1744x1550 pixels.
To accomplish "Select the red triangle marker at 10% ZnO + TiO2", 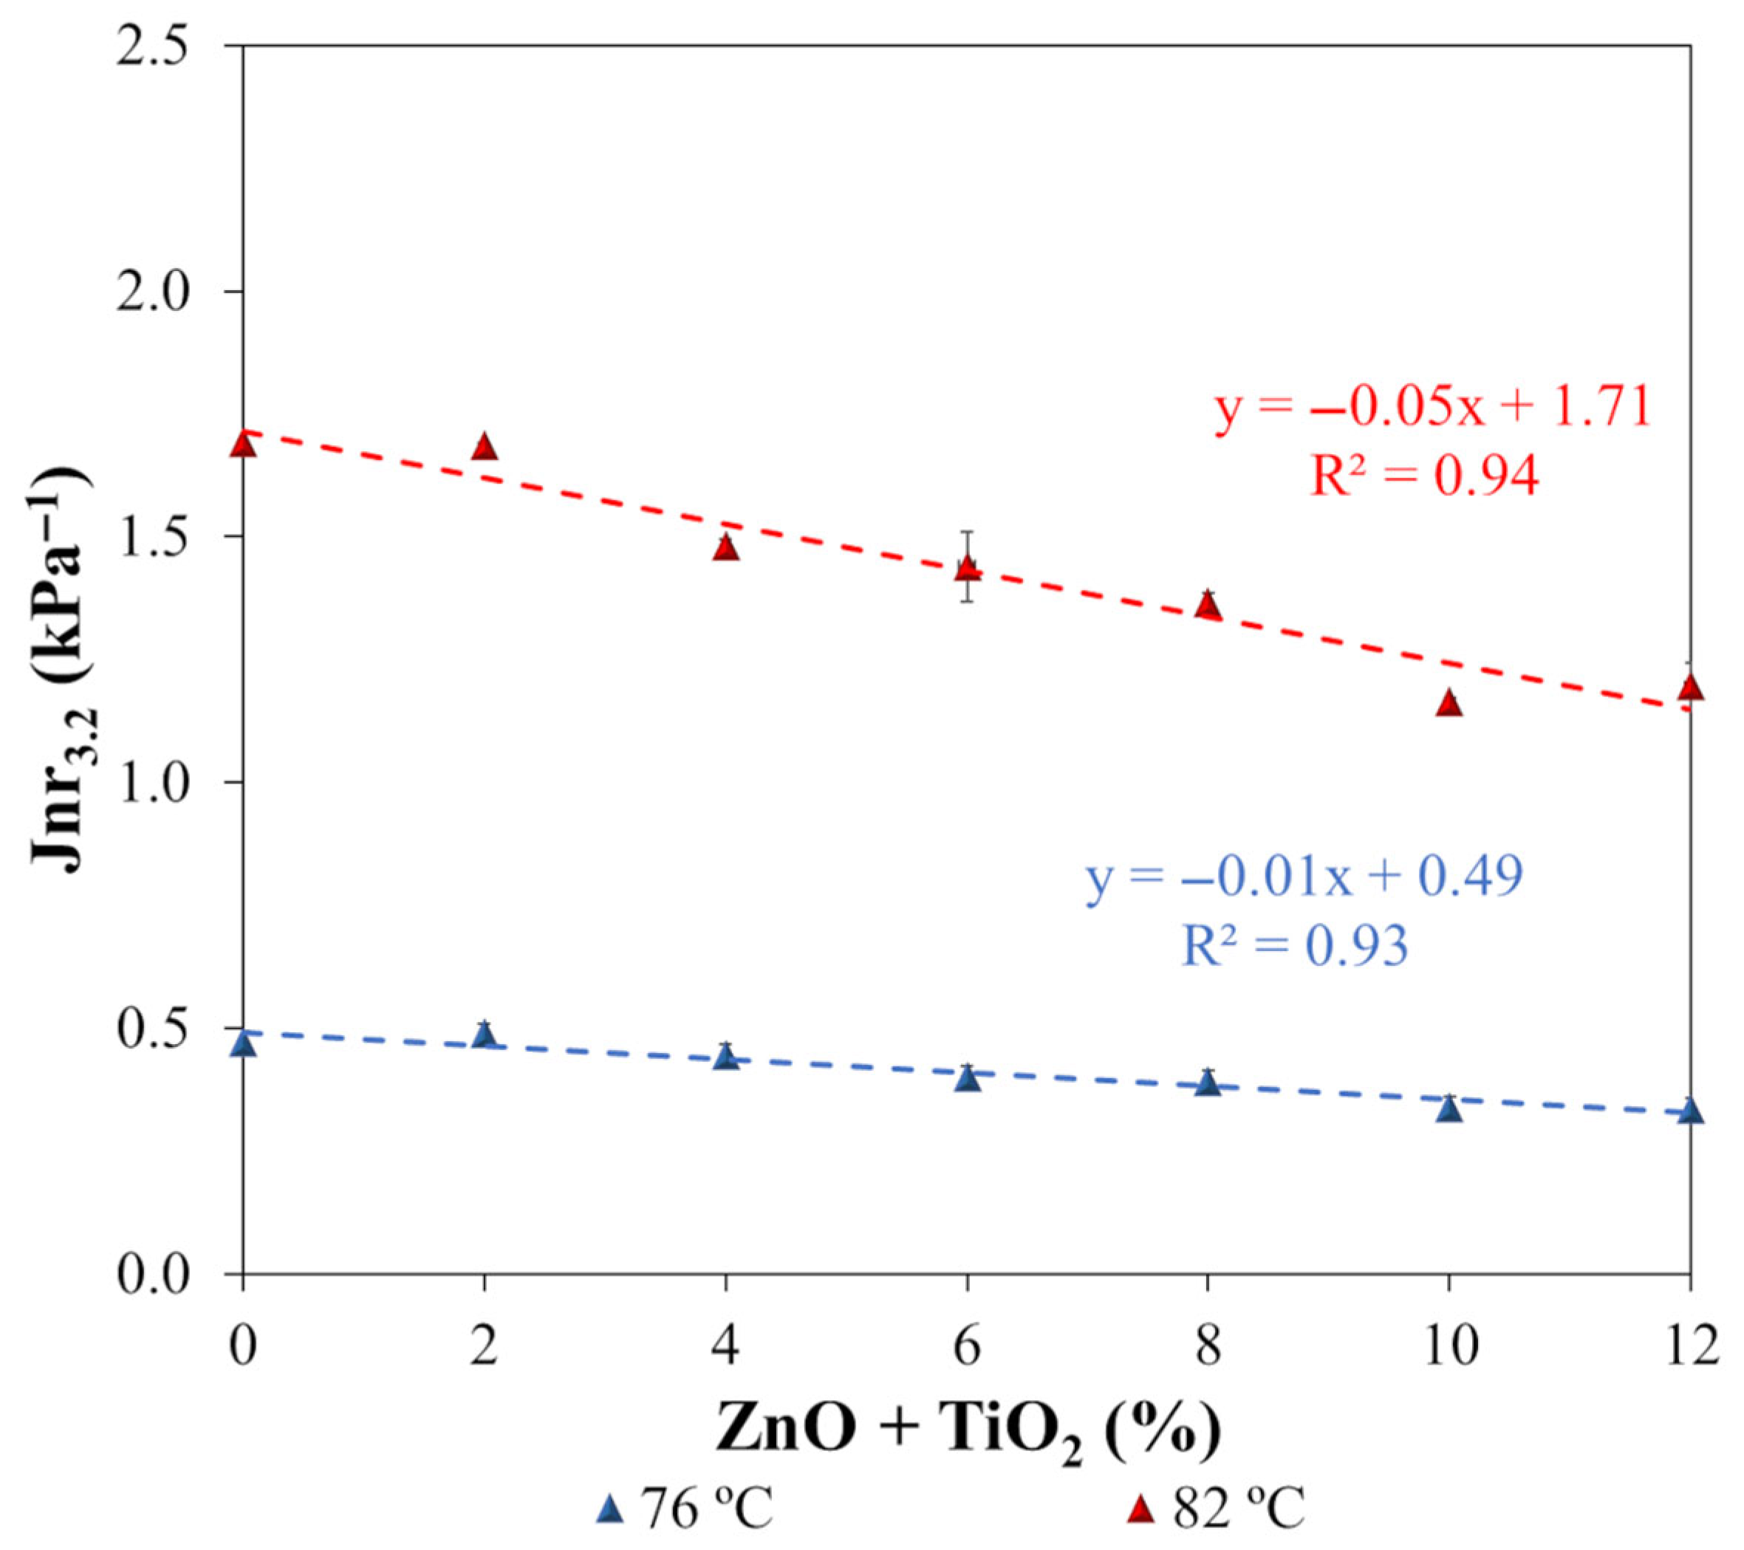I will point(1449,704).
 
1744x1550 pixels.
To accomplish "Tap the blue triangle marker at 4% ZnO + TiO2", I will point(725,1057).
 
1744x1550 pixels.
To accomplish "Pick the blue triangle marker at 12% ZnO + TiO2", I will point(1690,1111).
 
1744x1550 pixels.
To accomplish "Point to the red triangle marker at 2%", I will point(485,447).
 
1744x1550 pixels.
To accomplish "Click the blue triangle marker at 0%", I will point(244,1044).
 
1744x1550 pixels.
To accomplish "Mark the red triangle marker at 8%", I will point(1207,606).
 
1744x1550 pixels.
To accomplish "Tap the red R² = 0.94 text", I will point(1425,477).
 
